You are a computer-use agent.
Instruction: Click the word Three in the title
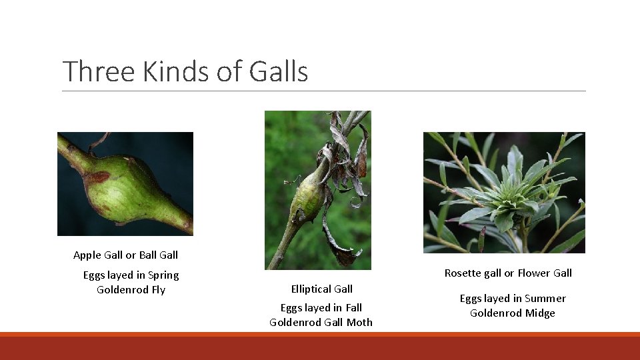pos(99,71)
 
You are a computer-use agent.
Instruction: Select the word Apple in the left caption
pos(87,255)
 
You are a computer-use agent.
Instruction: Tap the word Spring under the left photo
pos(163,275)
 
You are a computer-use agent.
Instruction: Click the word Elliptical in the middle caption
pos(311,289)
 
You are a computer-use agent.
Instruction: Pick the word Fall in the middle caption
pos(353,307)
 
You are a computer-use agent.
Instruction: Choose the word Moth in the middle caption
pos(359,322)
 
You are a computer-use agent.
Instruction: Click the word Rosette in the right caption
pos(463,273)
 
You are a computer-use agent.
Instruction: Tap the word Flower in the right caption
pos(532,273)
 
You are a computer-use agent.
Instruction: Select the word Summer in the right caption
pos(545,298)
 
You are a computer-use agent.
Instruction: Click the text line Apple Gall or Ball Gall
pos(125,255)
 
